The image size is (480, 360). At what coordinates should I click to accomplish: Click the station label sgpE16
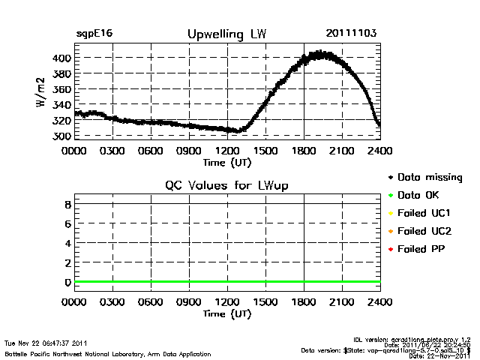pos(94,34)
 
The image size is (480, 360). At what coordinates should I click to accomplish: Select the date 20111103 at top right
pos(351,34)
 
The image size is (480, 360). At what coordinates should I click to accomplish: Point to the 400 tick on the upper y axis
pos(61,58)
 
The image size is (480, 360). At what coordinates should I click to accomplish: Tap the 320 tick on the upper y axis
pos(61,120)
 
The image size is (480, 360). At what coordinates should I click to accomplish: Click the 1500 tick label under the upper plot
pos(265,151)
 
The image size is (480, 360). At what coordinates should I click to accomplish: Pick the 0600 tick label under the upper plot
pos(151,151)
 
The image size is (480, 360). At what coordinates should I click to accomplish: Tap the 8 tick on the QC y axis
pos(67,204)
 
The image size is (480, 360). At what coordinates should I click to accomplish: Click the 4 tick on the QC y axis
pos(67,243)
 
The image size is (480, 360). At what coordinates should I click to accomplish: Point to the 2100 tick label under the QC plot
pos(342,302)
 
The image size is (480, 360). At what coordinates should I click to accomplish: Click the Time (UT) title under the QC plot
pos(226,313)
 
